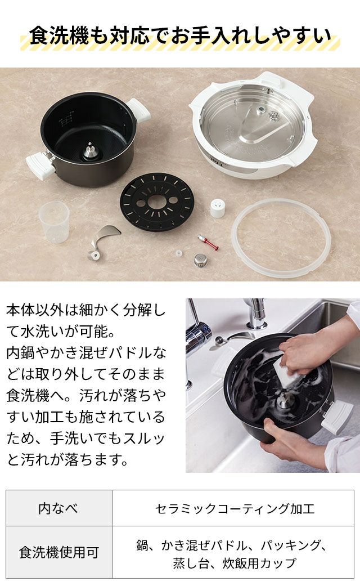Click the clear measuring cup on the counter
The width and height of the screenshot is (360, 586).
[x=55, y=222]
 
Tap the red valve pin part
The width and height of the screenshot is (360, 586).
[x=208, y=242]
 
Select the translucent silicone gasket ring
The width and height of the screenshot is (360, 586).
[x=281, y=238]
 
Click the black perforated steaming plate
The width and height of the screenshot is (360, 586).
[x=157, y=202]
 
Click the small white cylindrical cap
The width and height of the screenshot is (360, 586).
[x=217, y=208]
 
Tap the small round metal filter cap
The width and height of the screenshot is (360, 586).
[x=201, y=260]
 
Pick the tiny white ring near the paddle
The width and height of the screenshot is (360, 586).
[x=179, y=253]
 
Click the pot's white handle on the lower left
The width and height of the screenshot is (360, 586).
[x=40, y=165]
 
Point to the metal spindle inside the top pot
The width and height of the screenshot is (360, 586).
[x=89, y=150]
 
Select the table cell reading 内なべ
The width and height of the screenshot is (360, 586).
[x=59, y=508]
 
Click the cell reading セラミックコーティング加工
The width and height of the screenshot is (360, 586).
[x=233, y=508]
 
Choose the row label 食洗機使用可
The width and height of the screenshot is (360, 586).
[x=59, y=552]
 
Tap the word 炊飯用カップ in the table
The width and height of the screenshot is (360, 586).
[x=260, y=562]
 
